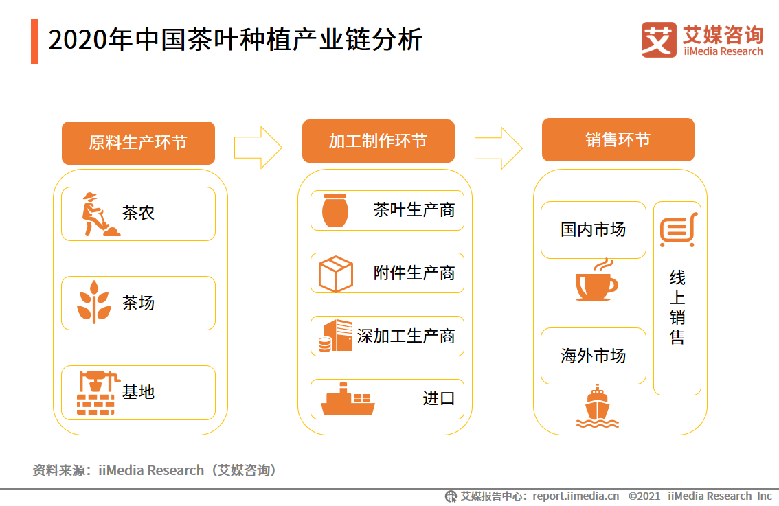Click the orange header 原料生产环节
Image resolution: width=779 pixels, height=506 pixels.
(138, 143)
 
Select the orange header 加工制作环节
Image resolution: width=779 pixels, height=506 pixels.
(378, 141)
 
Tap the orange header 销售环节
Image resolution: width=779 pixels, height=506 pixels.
(618, 140)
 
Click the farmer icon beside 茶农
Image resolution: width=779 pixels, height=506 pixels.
(98, 214)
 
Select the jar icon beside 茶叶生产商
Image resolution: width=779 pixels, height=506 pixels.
(335, 210)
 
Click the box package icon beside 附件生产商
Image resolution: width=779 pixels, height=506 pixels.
(335, 273)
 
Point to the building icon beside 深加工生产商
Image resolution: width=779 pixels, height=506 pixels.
(335, 336)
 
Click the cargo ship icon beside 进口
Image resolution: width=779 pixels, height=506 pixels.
(348, 400)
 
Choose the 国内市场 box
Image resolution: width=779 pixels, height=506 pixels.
(594, 229)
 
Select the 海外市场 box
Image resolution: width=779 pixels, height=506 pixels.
(594, 356)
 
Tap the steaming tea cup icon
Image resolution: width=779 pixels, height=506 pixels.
(596, 281)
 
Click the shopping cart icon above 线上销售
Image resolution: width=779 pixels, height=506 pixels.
(677, 230)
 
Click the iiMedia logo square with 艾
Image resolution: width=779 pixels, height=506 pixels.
(658, 39)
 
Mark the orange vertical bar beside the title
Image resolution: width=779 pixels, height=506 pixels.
(34, 41)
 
